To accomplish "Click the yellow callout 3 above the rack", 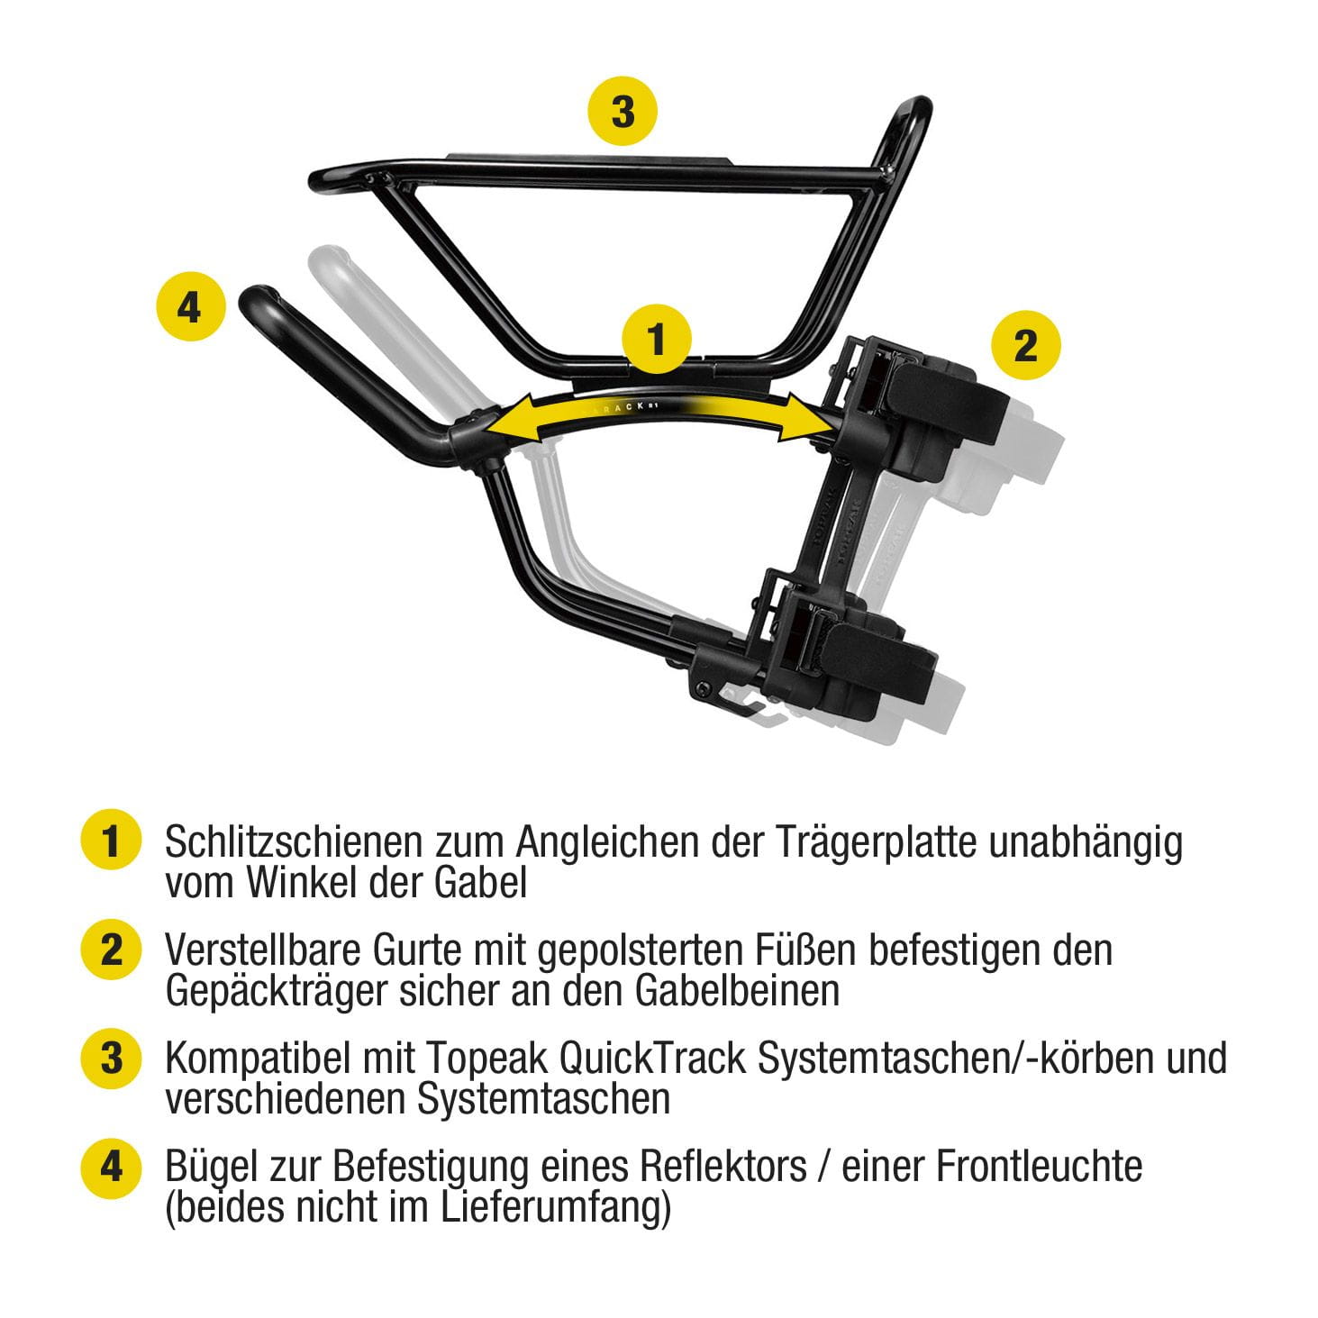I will tap(623, 112).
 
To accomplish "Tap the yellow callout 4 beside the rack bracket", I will tap(189, 307).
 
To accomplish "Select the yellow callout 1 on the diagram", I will tap(657, 340).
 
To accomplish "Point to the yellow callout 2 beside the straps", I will tap(1025, 345).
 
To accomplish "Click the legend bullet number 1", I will tap(111, 841).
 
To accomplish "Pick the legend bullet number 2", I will tap(111, 950).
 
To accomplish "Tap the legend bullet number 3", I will tap(111, 1058).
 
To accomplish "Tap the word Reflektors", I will tap(723, 1166).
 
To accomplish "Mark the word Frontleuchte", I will tap(1040, 1166).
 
